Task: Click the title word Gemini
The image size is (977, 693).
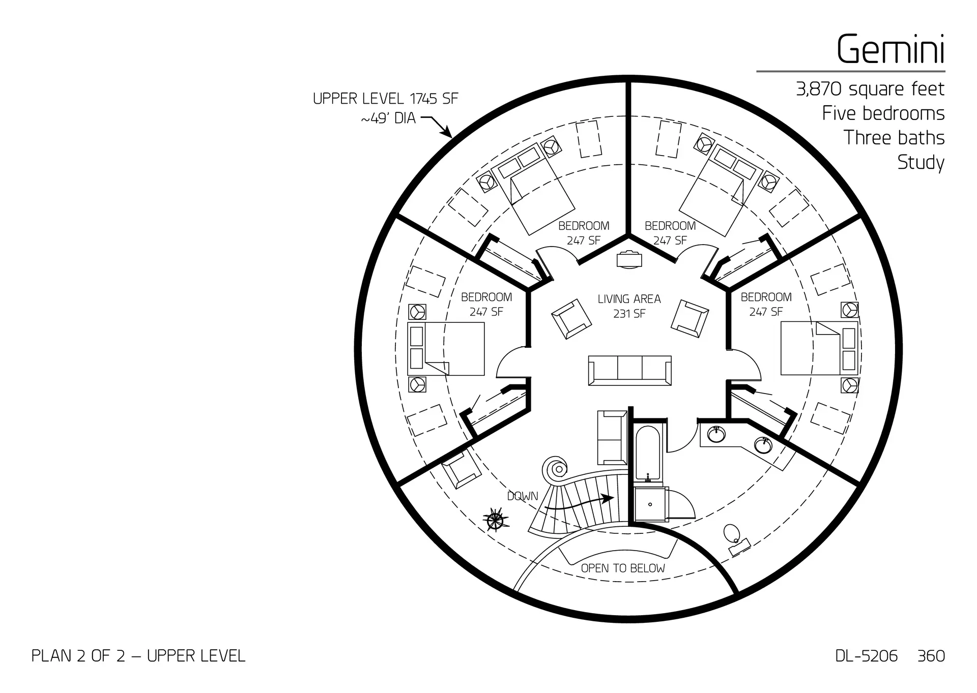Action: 890,49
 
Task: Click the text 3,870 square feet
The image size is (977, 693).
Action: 870,89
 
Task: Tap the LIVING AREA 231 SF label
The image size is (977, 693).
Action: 629,306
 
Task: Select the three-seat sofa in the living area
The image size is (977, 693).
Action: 629,370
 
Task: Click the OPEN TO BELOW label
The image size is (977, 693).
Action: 623,568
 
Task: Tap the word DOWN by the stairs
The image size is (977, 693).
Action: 522,496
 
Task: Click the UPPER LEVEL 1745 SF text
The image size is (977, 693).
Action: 385,99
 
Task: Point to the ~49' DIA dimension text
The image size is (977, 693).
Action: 388,118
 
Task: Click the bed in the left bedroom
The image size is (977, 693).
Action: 446,349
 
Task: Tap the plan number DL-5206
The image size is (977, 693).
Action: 866,656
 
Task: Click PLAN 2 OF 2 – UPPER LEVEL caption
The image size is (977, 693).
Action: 138,656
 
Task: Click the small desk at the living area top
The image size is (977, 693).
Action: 629,259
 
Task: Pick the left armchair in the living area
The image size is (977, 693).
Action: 571,319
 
